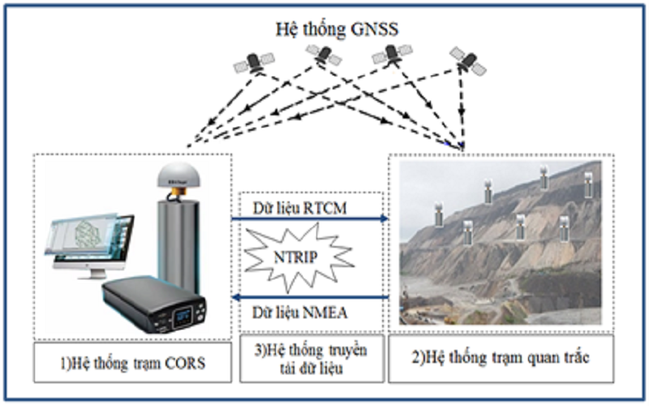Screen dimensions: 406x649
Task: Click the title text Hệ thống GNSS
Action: [324, 31]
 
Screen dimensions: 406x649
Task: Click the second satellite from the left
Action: [323, 55]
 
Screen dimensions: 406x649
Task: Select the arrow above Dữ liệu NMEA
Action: [309, 297]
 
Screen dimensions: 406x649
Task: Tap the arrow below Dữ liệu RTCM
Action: [309, 220]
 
